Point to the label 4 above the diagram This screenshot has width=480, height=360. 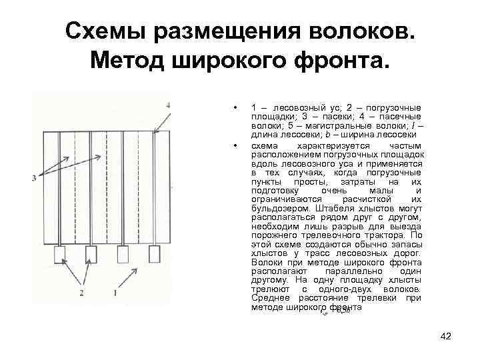[168, 105]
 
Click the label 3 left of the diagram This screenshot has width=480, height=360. [33, 177]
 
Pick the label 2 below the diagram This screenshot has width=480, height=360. [81, 293]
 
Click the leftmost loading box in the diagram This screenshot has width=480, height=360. [61, 254]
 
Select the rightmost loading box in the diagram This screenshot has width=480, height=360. [155, 254]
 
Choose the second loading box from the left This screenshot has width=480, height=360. [91, 254]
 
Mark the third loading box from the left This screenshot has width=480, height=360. [123, 254]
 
